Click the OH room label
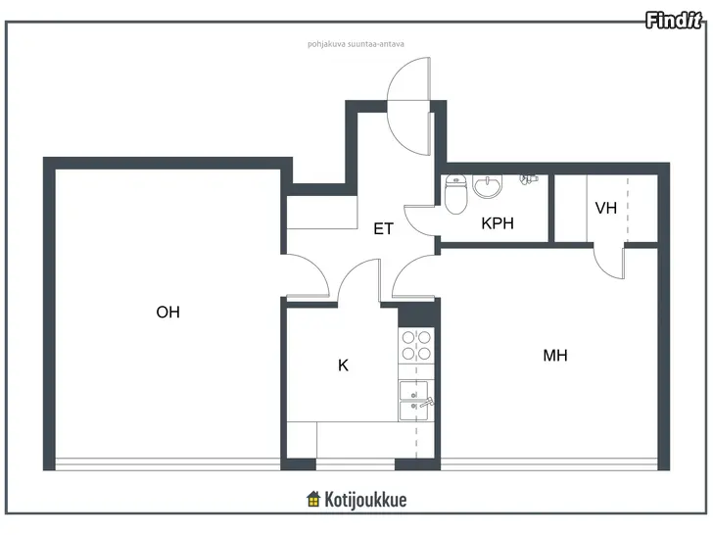click(167, 312)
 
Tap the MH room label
click(555, 356)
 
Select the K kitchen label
click(344, 365)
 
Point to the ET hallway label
click(383, 229)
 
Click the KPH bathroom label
click(498, 223)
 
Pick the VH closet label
click(605, 209)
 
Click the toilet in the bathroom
click(455, 194)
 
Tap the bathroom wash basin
click(488, 186)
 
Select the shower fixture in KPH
click(529, 178)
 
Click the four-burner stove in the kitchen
click(416, 345)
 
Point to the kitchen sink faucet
click(427, 402)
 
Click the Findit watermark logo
click(674, 21)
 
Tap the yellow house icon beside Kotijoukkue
click(313, 499)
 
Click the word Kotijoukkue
click(365, 500)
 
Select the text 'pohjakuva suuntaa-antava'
click(356, 44)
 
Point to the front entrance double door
click(408, 106)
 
